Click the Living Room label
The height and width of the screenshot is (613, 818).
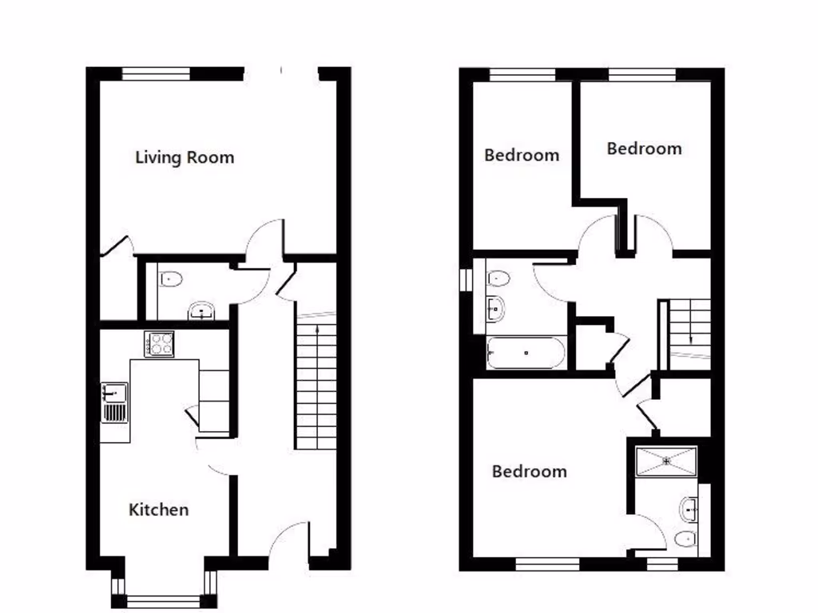click(x=185, y=157)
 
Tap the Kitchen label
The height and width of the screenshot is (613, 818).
click(x=159, y=509)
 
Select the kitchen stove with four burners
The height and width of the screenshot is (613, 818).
click(x=160, y=344)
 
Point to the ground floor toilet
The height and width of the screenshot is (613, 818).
click(x=170, y=279)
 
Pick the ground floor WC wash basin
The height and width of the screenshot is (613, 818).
click(x=201, y=311)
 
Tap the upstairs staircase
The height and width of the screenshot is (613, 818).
click(x=689, y=327)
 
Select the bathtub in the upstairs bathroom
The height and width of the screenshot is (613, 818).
click(x=526, y=352)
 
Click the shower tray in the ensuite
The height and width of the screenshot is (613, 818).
click(x=666, y=461)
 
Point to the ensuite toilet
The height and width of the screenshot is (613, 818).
click(x=685, y=538)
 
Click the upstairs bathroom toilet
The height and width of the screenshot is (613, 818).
click(x=498, y=279)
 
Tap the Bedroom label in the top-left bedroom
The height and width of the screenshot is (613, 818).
click(x=522, y=155)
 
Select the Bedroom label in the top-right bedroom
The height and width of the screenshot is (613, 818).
click(x=644, y=148)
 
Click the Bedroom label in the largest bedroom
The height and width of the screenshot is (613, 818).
click(x=529, y=472)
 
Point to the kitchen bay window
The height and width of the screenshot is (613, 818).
click(x=165, y=600)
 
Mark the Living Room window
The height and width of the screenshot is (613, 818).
click(x=156, y=74)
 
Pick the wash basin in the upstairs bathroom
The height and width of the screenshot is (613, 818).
click(x=495, y=307)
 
